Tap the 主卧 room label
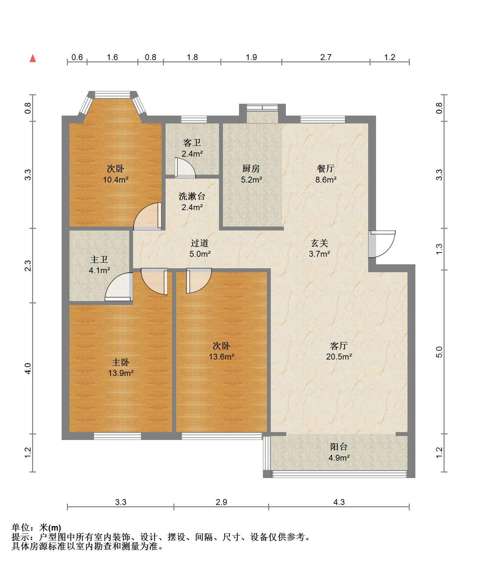121,362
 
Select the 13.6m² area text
222,357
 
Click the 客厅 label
339,346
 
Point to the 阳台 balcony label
339,447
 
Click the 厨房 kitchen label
251,169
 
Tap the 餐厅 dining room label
326,169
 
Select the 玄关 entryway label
319,243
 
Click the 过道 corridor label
200,243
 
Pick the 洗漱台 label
192,196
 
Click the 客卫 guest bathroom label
192,143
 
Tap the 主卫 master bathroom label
99,260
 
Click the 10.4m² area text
116,180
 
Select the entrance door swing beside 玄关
382,244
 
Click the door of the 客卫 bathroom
185,168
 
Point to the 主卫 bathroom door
119,287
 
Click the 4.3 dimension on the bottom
339,502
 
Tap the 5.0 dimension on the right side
439,352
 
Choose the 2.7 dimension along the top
326,57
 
